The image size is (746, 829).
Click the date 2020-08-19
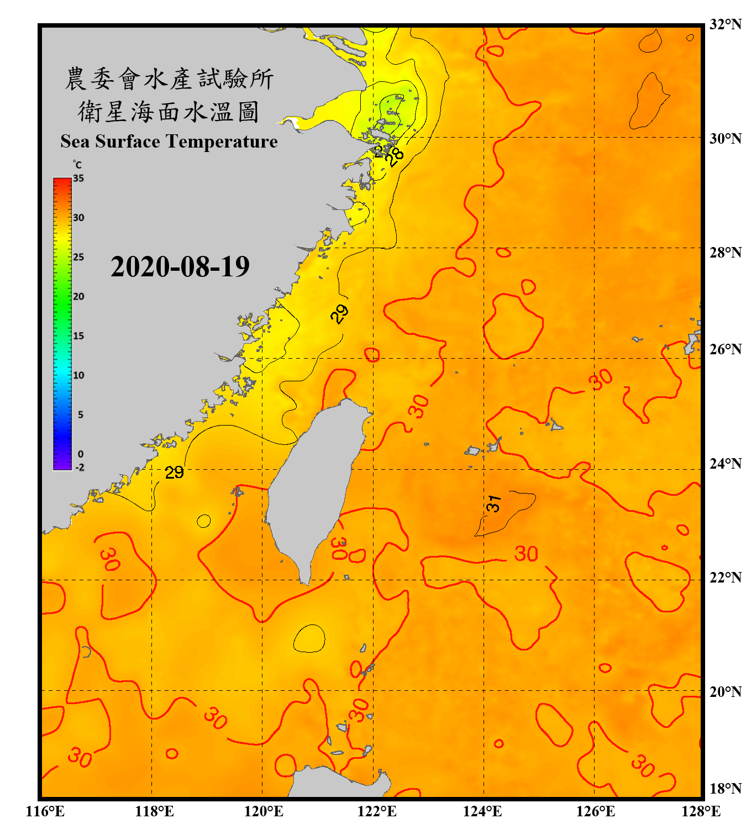[x=180, y=267]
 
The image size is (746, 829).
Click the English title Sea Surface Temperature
[x=169, y=141]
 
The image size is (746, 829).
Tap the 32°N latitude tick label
[x=725, y=24]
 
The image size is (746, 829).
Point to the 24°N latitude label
[x=725, y=463]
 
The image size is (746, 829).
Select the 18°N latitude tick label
[x=725, y=788]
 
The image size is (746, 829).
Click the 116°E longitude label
[x=45, y=811]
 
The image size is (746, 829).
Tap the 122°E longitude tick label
[x=377, y=811]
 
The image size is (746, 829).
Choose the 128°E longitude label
[x=701, y=811]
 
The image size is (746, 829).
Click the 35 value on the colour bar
[x=78, y=178]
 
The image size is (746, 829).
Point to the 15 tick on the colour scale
[x=78, y=335]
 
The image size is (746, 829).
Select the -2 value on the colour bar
[x=80, y=467]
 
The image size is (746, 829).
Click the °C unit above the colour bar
[x=77, y=165]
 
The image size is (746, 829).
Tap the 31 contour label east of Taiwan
[x=493, y=503]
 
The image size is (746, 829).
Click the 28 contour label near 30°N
[x=395, y=157]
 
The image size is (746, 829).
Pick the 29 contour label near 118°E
[x=174, y=473]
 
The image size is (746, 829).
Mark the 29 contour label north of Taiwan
[x=339, y=313]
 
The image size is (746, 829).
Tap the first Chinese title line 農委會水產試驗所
[x=169, y=79]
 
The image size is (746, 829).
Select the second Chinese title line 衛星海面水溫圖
[x=169, y=112]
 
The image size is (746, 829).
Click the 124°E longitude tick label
[x=482, y=811]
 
